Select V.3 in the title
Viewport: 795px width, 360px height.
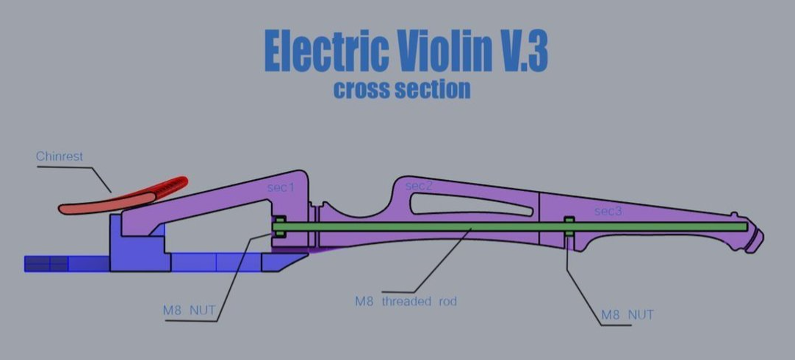(524, 51)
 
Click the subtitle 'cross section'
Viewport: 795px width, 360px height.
(402, 90)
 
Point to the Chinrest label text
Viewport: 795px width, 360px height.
(60, 156)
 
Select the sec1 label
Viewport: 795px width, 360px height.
(281, 188)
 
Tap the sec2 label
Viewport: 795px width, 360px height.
(419, 187)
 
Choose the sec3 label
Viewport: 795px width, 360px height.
(608, 212)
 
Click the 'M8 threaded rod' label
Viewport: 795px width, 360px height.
(406, 301)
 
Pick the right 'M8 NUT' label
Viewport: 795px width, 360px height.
(627, 315)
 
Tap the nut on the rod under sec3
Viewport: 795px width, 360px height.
(569, 226)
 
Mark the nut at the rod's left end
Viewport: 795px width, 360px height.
(279, 226)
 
